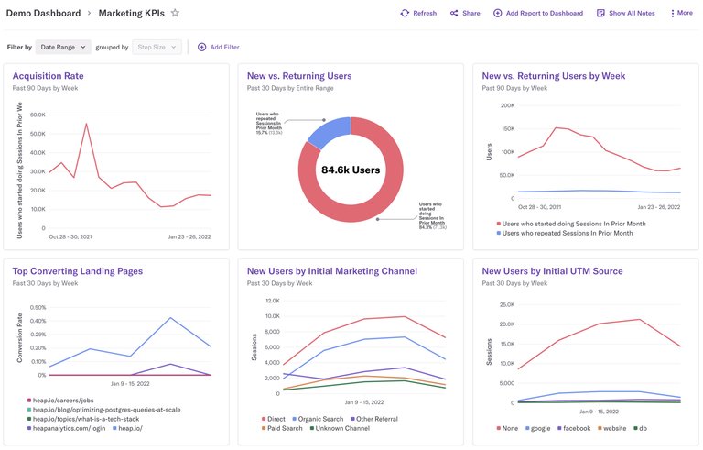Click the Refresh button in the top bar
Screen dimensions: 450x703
coord(418,14)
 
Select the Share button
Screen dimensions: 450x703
coord(465,14)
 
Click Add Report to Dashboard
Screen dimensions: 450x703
coord(538,14)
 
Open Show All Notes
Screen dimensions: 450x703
coord(625,14)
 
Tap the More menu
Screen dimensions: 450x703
coord(681,14)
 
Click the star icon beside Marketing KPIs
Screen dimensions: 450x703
coord(175,14)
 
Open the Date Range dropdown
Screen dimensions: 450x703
coord(64,47)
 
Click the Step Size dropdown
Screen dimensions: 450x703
coord(157,47)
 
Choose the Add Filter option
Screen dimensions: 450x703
coord(219,47)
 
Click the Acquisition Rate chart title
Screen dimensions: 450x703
coord(48,76)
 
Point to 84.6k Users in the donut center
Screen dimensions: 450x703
coord(350,170)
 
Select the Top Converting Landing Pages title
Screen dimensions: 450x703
coord(78,271)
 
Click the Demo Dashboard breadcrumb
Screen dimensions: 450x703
coord(43,14)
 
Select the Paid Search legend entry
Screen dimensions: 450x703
coord(284,428)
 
